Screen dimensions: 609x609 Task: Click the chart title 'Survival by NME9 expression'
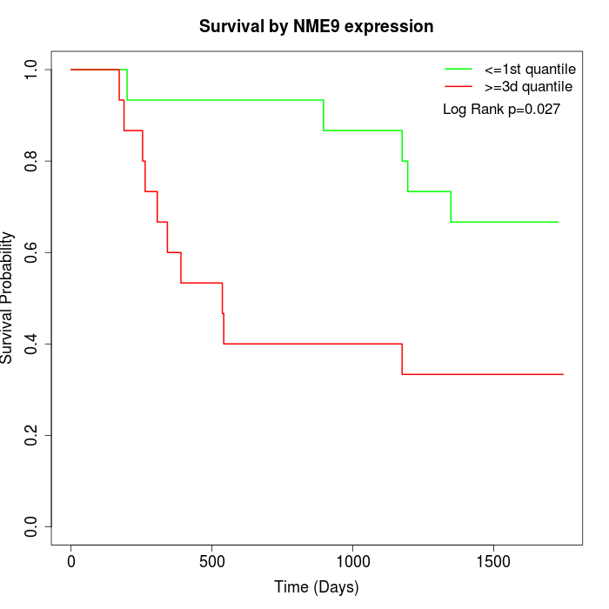316,27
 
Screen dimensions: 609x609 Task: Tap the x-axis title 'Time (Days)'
316,587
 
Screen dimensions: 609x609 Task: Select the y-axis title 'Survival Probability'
8,298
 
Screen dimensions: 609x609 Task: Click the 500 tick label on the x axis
212,561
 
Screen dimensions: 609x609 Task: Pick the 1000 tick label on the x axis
352,561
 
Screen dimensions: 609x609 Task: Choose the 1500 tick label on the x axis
493,561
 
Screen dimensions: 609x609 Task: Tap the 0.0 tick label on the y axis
32,526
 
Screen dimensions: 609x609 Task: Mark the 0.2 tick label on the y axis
32,435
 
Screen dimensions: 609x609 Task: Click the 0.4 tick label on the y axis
32,344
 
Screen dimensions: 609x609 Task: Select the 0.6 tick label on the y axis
32,252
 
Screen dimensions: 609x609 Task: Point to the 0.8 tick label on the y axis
32,161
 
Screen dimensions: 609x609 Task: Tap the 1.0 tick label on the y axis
32,70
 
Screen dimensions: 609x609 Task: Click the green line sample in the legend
458,69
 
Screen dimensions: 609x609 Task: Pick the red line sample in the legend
458,87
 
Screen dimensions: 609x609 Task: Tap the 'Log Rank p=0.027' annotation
501,110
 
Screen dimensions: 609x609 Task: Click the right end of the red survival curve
563,374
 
